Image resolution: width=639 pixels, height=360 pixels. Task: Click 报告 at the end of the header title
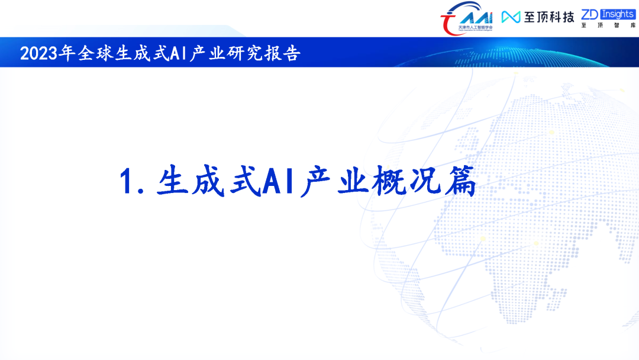click(x=286, y=54)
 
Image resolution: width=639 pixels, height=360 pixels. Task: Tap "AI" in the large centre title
click(x=278, y=182)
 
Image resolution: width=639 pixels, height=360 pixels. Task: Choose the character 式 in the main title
click(x=243, y=182)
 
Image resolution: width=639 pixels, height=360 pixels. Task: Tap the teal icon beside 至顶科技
click(x=511, y=17)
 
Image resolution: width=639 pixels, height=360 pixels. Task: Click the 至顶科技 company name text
click(x=548, y=17)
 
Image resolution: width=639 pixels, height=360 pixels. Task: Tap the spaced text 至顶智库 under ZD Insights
click(x=608, y=26)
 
